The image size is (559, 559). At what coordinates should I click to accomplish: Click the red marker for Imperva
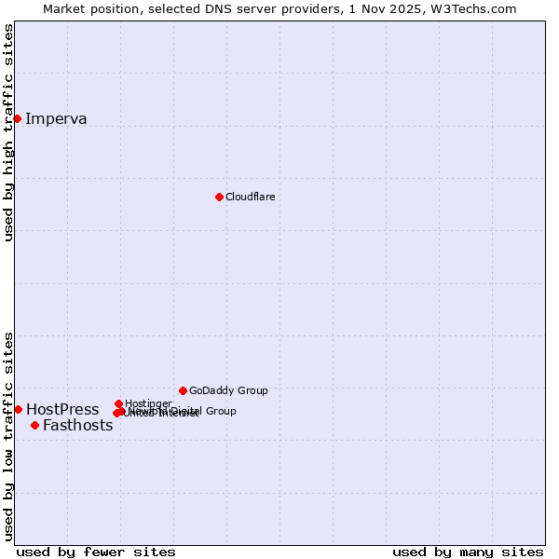click(18, 118)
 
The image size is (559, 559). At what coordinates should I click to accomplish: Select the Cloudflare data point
click(219, 197)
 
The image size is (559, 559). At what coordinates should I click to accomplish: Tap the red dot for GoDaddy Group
click(183, 390)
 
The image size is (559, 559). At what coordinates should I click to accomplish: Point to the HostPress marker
click(18, 409)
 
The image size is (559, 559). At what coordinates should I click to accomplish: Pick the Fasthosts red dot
click(34, 425)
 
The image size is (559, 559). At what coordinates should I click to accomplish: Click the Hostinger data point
click(118, 403)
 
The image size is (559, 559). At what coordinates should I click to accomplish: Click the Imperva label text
click(56, 118)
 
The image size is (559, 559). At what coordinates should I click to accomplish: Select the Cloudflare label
click(250, 197)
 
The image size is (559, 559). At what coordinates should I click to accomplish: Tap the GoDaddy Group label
click(228, 390)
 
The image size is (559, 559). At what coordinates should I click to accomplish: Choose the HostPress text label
click(62, 409)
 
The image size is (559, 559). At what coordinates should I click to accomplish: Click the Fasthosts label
click(77, 426)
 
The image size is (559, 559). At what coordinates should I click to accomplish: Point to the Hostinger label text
click(148, 402)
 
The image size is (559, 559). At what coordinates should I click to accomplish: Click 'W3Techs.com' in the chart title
click(474, 8)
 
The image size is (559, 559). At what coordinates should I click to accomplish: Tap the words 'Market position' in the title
click(86, 8)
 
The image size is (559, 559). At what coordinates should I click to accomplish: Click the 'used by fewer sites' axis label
click(96, 552)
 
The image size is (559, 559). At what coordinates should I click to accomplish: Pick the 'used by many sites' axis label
click(468, 552)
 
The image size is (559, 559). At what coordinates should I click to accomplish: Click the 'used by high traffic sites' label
click(8, 132)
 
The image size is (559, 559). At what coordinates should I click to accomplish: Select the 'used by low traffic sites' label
click(8, 435)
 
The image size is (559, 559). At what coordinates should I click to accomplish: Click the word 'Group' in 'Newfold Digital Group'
click(220, 411)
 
